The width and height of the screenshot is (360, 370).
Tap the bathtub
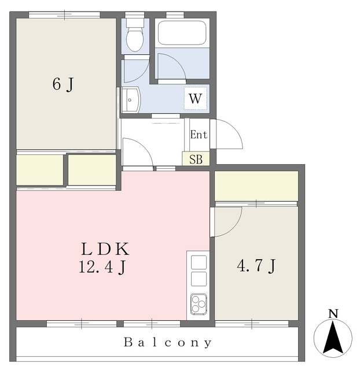182,33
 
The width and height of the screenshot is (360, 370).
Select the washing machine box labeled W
196,98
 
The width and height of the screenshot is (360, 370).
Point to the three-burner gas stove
199,304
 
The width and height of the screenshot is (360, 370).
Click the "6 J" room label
63,84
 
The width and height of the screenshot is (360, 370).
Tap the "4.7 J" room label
256,266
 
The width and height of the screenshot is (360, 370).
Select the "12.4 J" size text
102,268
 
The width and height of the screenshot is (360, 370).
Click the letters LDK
105,249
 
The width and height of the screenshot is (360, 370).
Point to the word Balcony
168,342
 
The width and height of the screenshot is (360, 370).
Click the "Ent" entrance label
199,135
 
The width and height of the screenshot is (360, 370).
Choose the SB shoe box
196,158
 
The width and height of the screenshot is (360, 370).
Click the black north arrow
333,337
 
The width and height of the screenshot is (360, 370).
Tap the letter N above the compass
333,314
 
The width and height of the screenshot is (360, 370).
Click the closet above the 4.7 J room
256,186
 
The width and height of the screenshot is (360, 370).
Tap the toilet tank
135,23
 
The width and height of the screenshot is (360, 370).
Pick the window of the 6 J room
64,15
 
